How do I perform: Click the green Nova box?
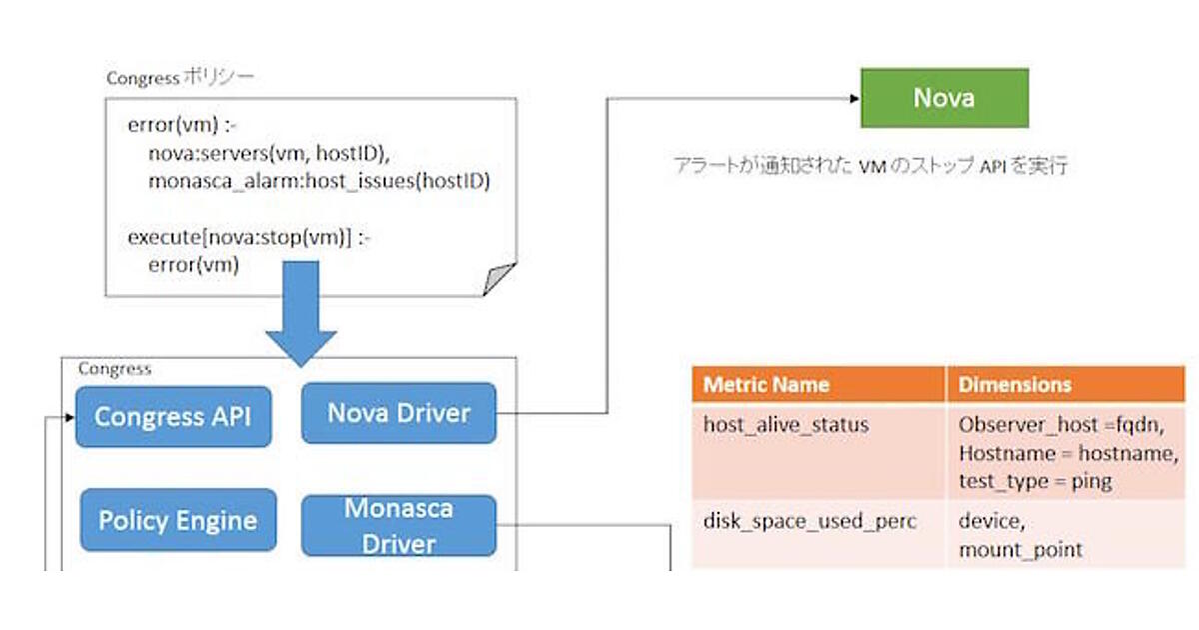point(944,98)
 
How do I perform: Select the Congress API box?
point(173,417)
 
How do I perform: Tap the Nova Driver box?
point(399,413)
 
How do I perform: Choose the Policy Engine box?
point(178,520)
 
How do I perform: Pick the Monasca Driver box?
point(399,526)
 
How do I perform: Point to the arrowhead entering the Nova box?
point(854,98)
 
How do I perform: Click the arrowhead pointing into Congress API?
point(69,417)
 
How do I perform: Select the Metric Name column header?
point(766,385)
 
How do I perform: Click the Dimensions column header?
point(1015,385)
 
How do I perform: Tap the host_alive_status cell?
point(772,425)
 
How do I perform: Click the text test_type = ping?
point(1035,481)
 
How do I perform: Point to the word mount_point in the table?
point(1007,550)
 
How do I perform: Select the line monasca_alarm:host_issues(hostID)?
point(319,182)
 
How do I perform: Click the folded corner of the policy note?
point(500,279)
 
